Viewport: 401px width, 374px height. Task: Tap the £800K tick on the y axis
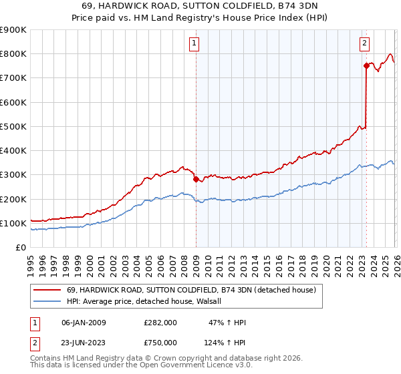point(13,54)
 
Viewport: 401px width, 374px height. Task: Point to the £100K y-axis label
point(13,223)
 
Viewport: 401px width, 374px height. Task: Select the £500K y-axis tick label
point(13,126)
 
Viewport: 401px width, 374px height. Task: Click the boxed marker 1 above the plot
point(194,44)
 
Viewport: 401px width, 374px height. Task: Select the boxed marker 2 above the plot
point(364,44)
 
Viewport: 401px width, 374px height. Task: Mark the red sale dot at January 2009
point(196,179)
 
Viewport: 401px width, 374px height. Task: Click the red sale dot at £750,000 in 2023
point(366,65)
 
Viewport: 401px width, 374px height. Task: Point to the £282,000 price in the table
point(160,323)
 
